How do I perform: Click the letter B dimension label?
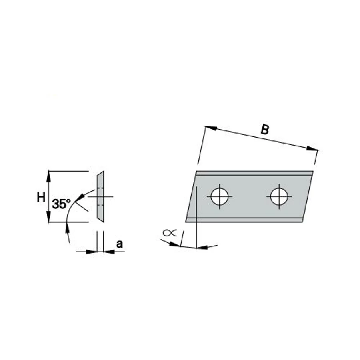(265, 130)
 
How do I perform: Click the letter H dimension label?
(41, 197)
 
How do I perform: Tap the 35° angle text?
(61, 204)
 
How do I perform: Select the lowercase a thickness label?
(119, 244)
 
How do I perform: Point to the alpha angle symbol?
(170, 233)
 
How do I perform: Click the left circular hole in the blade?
(220, 196)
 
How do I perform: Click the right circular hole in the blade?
(279, 196)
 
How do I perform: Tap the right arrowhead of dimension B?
(313, 149)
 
